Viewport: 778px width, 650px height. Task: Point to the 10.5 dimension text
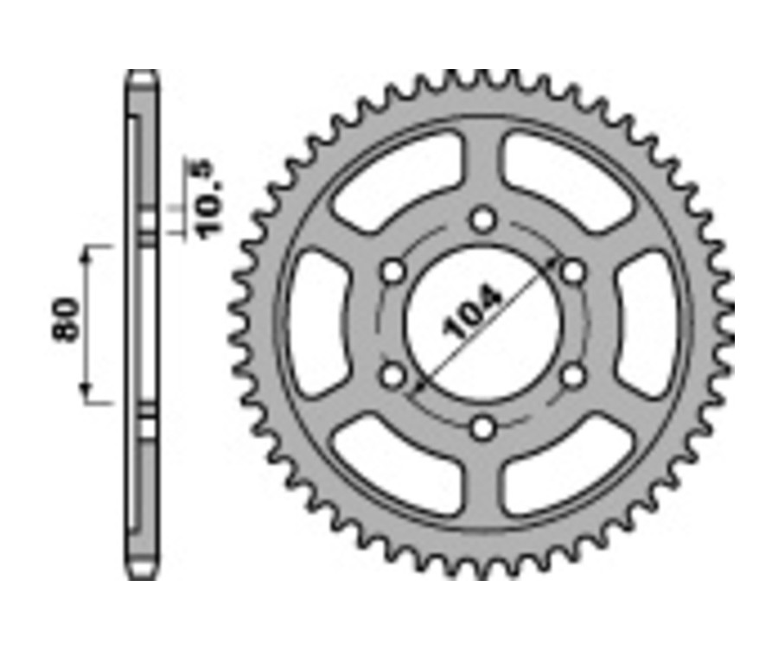click(207, 198)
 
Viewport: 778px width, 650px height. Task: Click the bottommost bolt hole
click(483, 427)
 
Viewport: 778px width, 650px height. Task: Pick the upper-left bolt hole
click(393, 272)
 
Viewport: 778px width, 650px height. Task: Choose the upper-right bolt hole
click(573, 272)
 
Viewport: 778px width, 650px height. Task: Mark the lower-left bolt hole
click(393, 376)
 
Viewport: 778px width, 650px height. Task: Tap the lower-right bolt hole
click(573, 376)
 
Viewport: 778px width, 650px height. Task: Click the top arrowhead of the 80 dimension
click(86, 251)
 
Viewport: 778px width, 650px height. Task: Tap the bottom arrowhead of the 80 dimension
click(86, 398)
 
